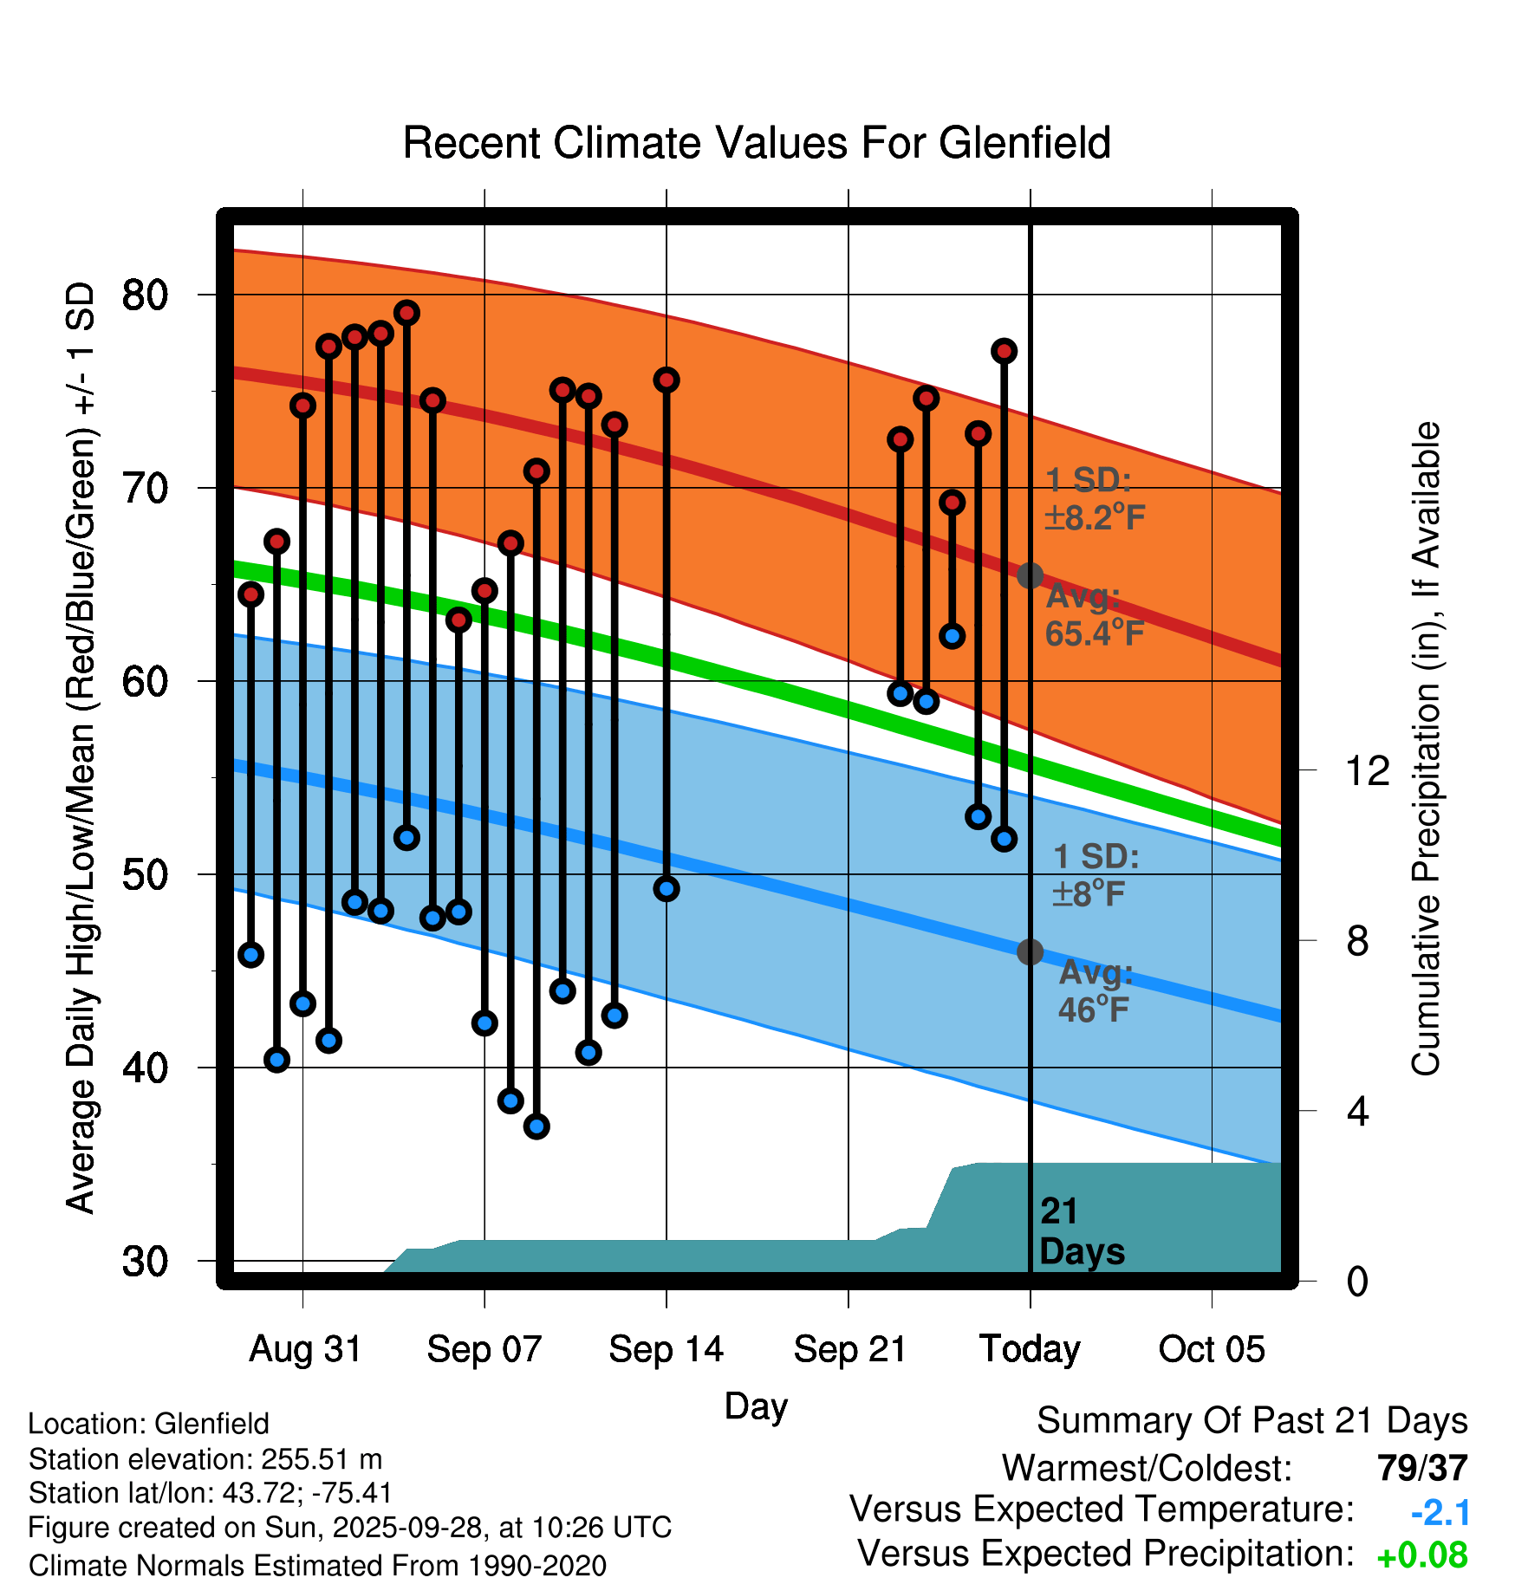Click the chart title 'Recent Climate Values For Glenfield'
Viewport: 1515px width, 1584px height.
pos(757,143)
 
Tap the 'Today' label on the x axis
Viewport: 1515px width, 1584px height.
pos(1030,1349)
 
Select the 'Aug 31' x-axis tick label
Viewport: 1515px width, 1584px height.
pos(305,1349)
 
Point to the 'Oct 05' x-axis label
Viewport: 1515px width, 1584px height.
pos(1212,1349)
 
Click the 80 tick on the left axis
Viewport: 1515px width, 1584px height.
pos(145,295)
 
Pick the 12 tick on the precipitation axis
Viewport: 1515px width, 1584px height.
pos(1367,770)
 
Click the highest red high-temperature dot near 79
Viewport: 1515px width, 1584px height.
pos(406,313)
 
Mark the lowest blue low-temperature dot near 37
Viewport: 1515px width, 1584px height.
pos(536,1126)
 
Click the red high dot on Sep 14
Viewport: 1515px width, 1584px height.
pos(666,380)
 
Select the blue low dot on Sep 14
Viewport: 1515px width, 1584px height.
pos(666,888)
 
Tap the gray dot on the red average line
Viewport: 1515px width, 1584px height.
pos(1030,575)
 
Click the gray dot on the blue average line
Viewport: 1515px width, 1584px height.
pos(1030,951)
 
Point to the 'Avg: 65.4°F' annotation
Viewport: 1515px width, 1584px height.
pos(1094,615)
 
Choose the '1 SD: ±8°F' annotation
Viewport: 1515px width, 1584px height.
pos(1095,874)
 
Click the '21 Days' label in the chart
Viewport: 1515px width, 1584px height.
pos(1081,1231)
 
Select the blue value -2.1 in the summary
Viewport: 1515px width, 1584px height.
pos(1440,1513)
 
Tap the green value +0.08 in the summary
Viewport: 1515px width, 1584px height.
pos(1422,1555)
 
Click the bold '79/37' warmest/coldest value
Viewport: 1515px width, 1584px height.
pos(1422,1468)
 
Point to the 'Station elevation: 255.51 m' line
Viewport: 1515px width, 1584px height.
pos(205,1459)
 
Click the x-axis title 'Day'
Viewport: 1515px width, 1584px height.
pos(756,1405)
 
